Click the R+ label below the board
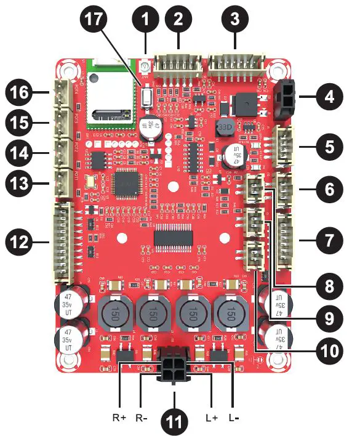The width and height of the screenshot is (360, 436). (x=119, y=417)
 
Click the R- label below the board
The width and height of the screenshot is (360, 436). (x=141, y=417)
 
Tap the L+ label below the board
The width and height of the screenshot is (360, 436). (x=212, y=417)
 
